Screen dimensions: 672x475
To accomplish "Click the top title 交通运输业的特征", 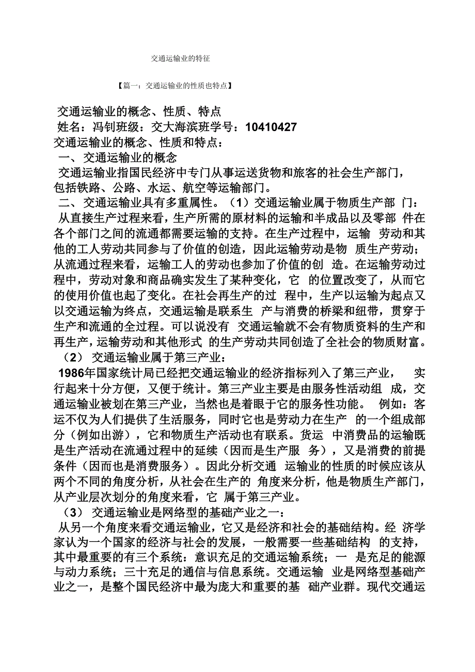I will [180, 59].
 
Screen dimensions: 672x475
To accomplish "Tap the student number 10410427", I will [271, 127].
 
